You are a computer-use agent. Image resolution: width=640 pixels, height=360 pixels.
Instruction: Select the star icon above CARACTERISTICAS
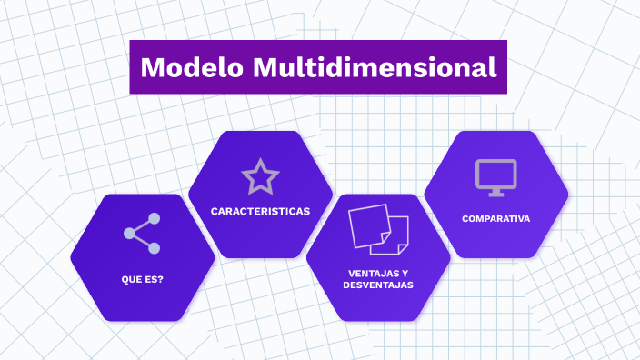[260, 176]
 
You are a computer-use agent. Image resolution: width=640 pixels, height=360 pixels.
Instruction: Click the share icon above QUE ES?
[142, 234]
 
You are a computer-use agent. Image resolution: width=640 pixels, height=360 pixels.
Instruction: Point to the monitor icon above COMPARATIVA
[495, 177]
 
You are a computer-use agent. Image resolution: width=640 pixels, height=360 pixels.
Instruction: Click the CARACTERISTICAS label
[260, 211]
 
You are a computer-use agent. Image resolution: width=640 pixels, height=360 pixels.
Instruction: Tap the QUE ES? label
[142, 279]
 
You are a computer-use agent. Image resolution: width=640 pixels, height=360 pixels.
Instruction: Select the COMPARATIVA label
[495, 218]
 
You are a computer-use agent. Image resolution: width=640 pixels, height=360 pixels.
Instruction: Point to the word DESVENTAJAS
[378, 285]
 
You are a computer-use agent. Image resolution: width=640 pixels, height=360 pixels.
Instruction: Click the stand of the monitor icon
[495, 192]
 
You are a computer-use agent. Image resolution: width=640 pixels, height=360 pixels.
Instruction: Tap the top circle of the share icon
[154, 219]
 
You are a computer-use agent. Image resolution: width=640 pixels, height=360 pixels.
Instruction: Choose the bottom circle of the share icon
[154, 248]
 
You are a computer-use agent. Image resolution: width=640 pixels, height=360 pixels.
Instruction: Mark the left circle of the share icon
[129, 234]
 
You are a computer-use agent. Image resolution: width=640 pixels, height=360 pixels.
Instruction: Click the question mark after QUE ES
[160, 279]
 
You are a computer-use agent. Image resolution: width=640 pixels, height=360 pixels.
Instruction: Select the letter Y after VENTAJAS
[405, 273]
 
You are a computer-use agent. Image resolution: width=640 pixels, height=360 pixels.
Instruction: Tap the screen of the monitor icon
[495, 173]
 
